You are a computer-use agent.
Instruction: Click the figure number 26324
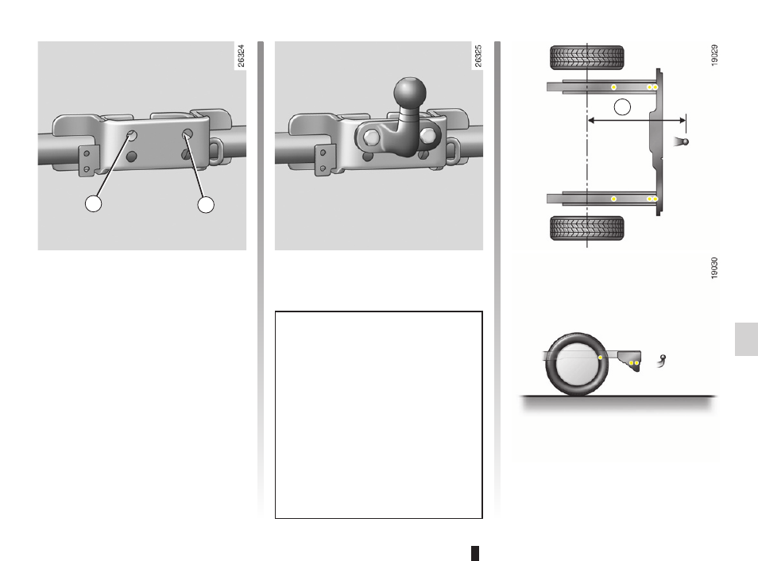click(241, 56)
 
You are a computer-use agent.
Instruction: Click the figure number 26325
click(478, 56)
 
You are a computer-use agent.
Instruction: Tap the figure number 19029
click(714, 55)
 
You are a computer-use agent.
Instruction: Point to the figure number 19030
click(714, 268)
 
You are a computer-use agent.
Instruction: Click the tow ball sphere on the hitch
click(410, 93)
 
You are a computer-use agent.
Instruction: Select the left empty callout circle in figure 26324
click(93, 203)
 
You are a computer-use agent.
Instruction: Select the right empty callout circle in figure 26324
click(206, 204)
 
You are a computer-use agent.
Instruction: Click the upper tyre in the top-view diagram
click(587, 57)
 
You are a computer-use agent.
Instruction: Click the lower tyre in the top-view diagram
click(587, 228)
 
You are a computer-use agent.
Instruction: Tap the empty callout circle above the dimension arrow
click(622, 107)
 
